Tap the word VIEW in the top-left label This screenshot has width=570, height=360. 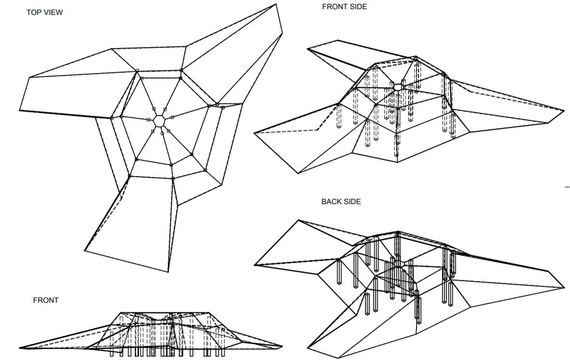[53, 13]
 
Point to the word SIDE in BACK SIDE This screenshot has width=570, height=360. [352, 201]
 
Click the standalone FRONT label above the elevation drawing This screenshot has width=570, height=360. [46, 300]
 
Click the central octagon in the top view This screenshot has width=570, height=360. [158, 121]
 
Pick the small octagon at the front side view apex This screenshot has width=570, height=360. [398, 87]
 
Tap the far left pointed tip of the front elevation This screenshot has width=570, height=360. [20, 348]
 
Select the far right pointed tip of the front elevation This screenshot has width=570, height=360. [282, 346]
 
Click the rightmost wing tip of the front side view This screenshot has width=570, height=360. [564, 111]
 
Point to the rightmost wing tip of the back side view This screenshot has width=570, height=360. [564, 288]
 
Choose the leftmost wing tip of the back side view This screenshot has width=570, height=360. [254, 265]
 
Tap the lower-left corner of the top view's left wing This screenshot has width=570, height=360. [20, 111]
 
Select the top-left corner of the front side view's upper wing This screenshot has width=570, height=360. [307, 47]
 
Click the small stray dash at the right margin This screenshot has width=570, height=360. [567, 186]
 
